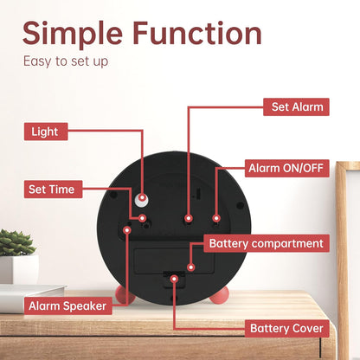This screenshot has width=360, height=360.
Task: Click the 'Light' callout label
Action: (x=46, y=132)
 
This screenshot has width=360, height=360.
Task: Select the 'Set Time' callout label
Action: (x=53, y=190)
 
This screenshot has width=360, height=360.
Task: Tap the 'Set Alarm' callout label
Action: (x=296, y=106)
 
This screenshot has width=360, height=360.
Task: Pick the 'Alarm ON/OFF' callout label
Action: (x=287, y=168)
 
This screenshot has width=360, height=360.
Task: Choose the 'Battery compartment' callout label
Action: (x=267, y=243)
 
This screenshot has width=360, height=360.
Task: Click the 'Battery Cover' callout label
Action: (x=287, y=328)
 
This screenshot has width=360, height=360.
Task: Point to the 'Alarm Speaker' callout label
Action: (x=67, y=305)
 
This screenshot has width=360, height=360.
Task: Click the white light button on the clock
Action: (x=142, y=199)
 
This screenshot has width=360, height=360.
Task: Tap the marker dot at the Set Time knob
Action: (x=142, y=218)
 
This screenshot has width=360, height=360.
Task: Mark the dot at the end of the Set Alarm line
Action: (x=189, y=218)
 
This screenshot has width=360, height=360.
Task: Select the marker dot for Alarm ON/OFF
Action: (x=216, y=218)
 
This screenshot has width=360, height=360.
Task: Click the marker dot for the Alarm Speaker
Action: (x=127, y=230)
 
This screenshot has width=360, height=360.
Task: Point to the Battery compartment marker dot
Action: (x=190, y=267)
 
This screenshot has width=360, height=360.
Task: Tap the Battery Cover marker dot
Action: (x=174, y=279)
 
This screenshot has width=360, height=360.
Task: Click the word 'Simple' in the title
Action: (x=73, y=34)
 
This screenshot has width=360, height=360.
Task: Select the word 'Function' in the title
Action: (x=197, y=33)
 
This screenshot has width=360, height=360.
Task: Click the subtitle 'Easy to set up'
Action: (x=66, y=61)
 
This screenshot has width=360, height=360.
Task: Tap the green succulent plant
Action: (x=16, y=243)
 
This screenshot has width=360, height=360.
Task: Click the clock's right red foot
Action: (x=219, y=296)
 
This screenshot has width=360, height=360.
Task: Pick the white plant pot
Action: (x=19, y=269)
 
